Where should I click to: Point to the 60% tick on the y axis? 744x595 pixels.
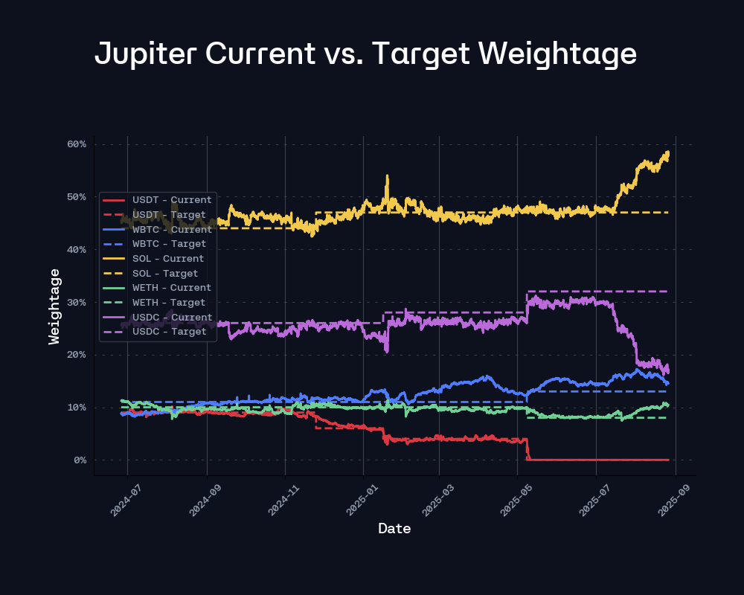click(77, 144)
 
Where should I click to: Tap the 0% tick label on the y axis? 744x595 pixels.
click(80, 460)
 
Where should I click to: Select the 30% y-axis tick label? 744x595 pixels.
click(77, 303)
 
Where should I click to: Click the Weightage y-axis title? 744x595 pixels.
click(54, 306)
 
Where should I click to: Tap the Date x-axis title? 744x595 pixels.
click(394, 529)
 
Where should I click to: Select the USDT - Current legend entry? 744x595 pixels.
click(172, 200)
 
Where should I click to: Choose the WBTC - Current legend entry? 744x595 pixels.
click(172, 230)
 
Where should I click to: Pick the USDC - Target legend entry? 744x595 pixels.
click(169, 332)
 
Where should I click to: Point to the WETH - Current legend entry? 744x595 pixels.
click(172, 288)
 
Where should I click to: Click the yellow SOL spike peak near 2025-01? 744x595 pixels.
click(387, 176)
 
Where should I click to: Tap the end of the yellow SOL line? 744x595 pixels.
click(668, 152)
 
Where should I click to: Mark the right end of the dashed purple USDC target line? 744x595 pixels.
click(667, 292)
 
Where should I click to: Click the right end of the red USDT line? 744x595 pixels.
click(668, 460)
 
